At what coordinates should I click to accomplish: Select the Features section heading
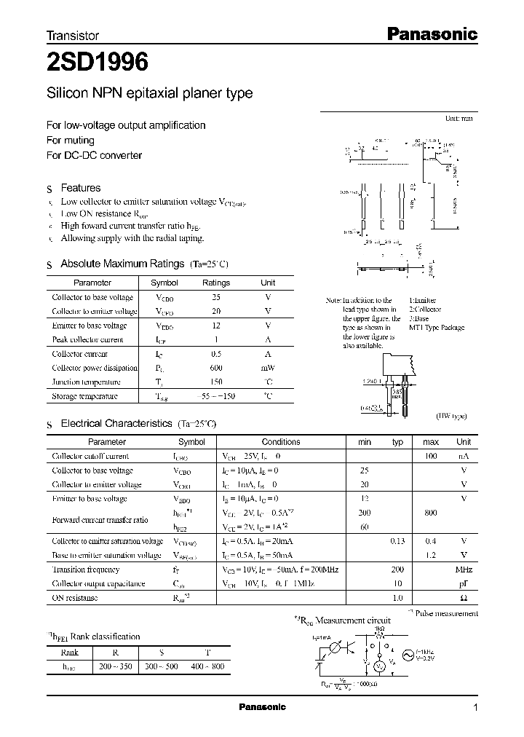(x=80, y=188)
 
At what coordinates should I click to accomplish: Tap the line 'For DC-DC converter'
(x=94, y=155)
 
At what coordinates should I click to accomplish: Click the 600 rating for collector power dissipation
(x=215, y=368)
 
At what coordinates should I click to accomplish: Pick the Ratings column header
(x=215, y=283)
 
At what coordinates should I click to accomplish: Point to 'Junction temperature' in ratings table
(x=86, y=382)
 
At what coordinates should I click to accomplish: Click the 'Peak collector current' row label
(x=87, y=339)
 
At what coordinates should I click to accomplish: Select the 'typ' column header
(x=397, y=442)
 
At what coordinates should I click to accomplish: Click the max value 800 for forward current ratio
(x=431, y=513)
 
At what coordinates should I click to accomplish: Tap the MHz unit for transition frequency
(x=464, y=569)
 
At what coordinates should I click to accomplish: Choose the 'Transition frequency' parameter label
(x=85, y=569)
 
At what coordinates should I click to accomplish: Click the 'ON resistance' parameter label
(x=74, y=598)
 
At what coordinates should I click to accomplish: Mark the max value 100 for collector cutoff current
(x=431, y=456)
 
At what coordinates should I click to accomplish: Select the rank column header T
(x=210, y=653)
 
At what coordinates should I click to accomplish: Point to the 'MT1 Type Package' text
(x=437, y=328)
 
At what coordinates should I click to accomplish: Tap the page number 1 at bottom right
(x=475, y=707)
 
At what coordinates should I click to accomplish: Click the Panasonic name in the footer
(x=262, y=707)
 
